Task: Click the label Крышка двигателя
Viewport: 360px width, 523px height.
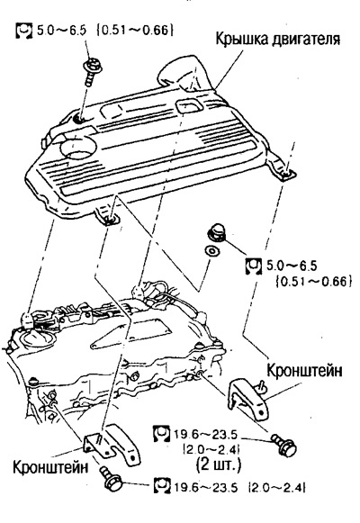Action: coord(278,40)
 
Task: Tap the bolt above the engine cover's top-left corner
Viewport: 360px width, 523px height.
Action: coord(93,71)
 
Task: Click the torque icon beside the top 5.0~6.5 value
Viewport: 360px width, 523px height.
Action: coord(24,31)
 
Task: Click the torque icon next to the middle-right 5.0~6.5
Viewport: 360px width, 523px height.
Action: coord(254,266)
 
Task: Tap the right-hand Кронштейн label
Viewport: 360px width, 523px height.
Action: coord(304,370)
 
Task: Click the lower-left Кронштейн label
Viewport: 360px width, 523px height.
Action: coord(50,467)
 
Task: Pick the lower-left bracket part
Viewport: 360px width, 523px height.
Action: coord(112,445)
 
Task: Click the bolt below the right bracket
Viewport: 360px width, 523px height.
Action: coord(284,444)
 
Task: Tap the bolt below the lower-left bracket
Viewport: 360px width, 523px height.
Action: coord(112,478)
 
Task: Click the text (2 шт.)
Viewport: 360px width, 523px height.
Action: coord(219,464)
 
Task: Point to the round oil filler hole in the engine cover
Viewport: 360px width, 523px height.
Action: coord(78,149)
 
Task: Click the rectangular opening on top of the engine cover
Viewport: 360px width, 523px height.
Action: coord(189,105)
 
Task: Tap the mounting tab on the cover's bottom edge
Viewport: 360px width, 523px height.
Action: coord(107,216)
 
